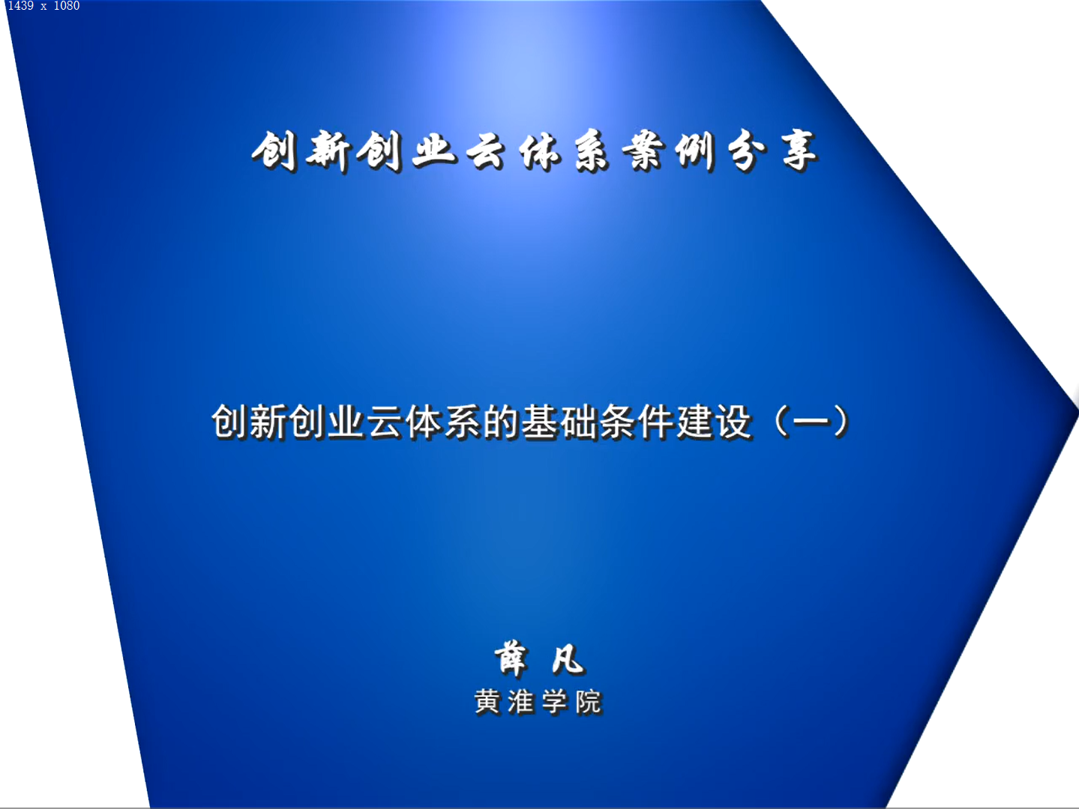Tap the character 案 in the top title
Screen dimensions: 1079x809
pos(642,151)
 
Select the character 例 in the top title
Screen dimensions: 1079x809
pos(694,151)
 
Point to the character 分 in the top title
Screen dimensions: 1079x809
pos(746,151)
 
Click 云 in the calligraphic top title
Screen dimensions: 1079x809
pos(485,151)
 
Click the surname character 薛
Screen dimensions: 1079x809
pos(511,658)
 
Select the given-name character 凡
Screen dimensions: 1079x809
pos(568,660)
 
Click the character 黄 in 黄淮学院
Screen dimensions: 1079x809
pos(487,702)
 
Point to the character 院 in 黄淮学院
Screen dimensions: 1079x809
pos(589,702)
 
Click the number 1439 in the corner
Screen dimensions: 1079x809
pos(21,6)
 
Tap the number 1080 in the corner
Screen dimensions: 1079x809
pos(67,6)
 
